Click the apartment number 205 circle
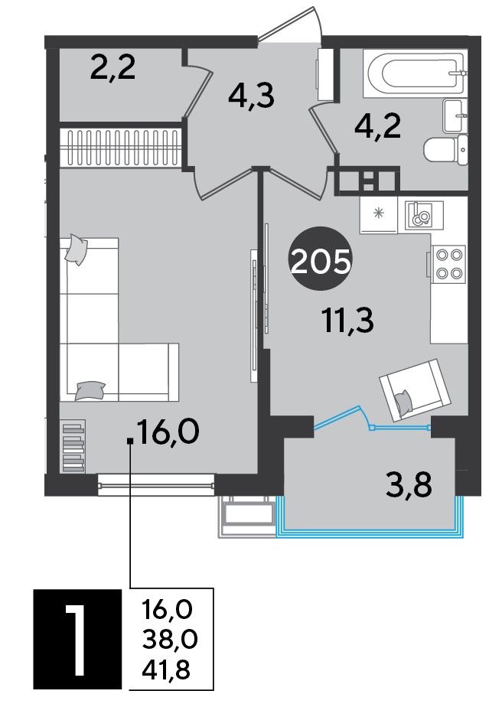click(x=321, y=259)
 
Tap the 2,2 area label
click(x=112, y=69)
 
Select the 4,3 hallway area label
click(x=251, y=96)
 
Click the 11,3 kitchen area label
click(x=349, y=321)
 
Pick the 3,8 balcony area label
click(x=409, y=485)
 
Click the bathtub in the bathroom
click(x=415, y=73)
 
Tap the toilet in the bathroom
click(x=445, y=150)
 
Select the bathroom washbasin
click(x=455, y=116)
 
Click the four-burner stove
click(x=448, y=265)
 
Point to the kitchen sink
click(x=424, y=214)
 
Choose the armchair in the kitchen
click(x=416, y=389)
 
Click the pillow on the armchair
click(x=403, y=400)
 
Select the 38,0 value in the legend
click(x=170, y=639)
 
